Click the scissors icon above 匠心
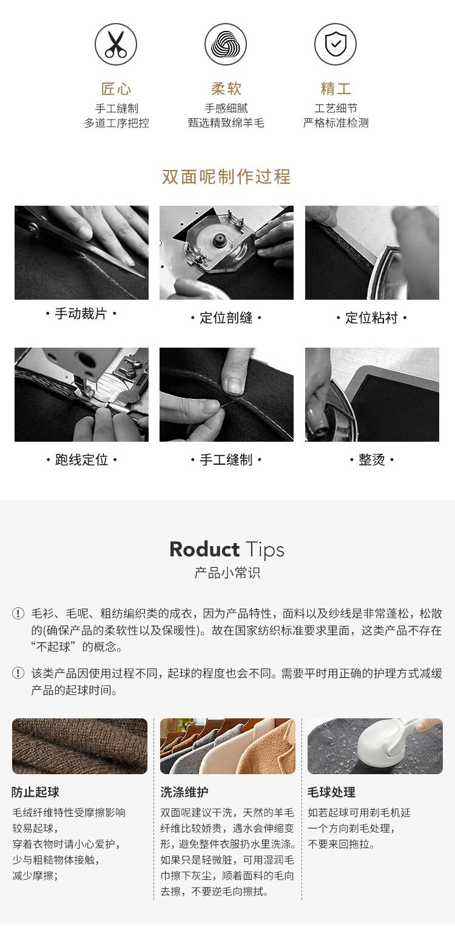[115, 44]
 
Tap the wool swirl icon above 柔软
[226, 44]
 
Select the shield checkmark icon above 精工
[335, 44]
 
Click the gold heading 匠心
[116, 89]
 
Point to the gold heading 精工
[335, 89]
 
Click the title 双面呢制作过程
[226, 177]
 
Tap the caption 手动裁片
[81, 313]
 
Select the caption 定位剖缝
[226, 317]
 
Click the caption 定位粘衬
[371, 317]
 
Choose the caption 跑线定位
[81, 459]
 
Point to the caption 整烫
[371, 459]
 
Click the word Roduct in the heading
[204, 549]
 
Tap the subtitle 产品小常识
[227, 572]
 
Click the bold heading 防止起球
[36, 792]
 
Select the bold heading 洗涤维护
[184, 792]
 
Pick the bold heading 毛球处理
[331, 792]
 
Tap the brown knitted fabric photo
[79, 746]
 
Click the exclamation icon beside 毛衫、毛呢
[18, 614]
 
